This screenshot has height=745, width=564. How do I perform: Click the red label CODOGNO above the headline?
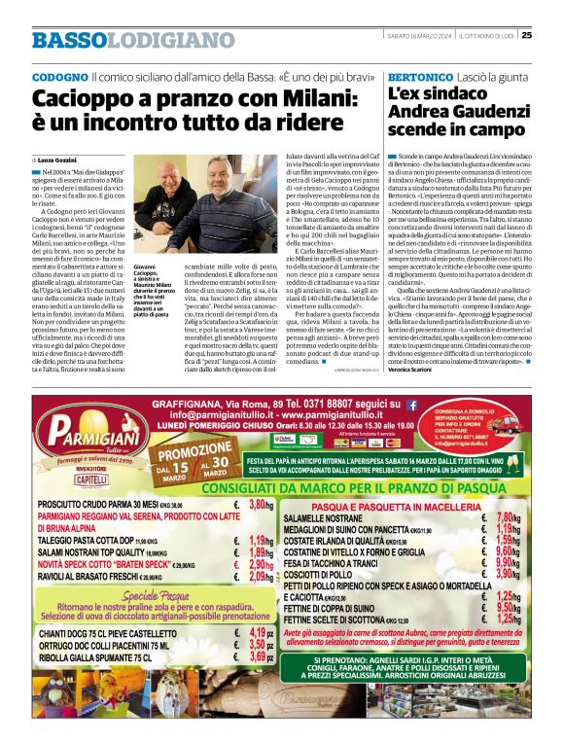click(x=59, y=76)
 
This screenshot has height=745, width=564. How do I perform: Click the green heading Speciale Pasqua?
click(x=149, y=594)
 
